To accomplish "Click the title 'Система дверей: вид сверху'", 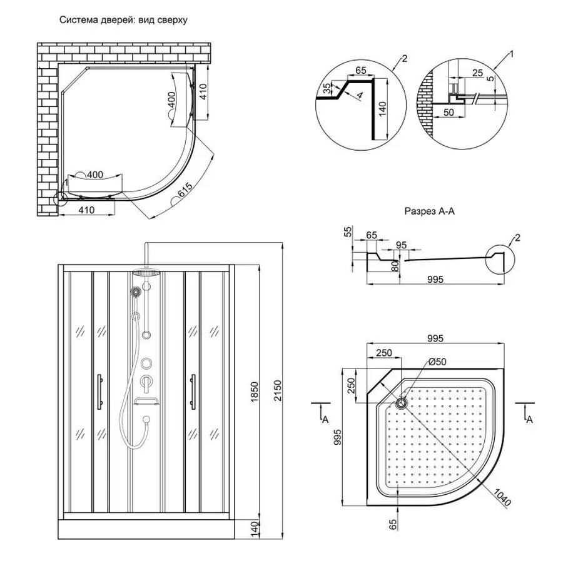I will click(x=123, y=19).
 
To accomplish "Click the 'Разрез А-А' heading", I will click(x=429, y=212).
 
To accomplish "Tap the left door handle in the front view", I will click(x=98, y=391).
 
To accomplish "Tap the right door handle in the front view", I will click(x=193, y=391).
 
